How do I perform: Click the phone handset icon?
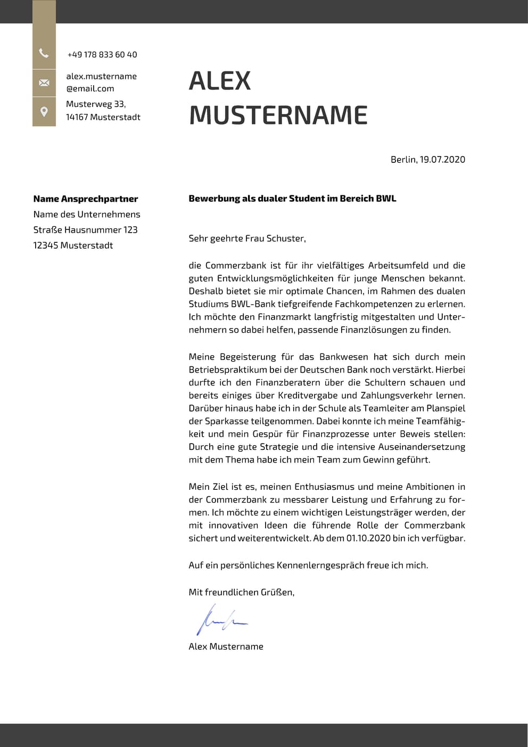44,53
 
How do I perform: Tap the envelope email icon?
44,83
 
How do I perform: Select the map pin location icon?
44,111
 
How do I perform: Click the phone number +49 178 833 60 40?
102,55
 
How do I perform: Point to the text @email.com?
90,89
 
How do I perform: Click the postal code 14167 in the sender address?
77,117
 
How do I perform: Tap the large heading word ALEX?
220,81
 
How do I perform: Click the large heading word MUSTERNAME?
278,116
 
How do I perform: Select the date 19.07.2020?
442,159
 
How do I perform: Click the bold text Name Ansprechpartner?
85,199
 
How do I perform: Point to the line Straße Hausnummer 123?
85,230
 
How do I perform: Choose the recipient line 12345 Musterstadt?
73,245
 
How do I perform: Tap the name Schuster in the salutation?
286,239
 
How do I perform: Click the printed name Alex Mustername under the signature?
226,646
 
